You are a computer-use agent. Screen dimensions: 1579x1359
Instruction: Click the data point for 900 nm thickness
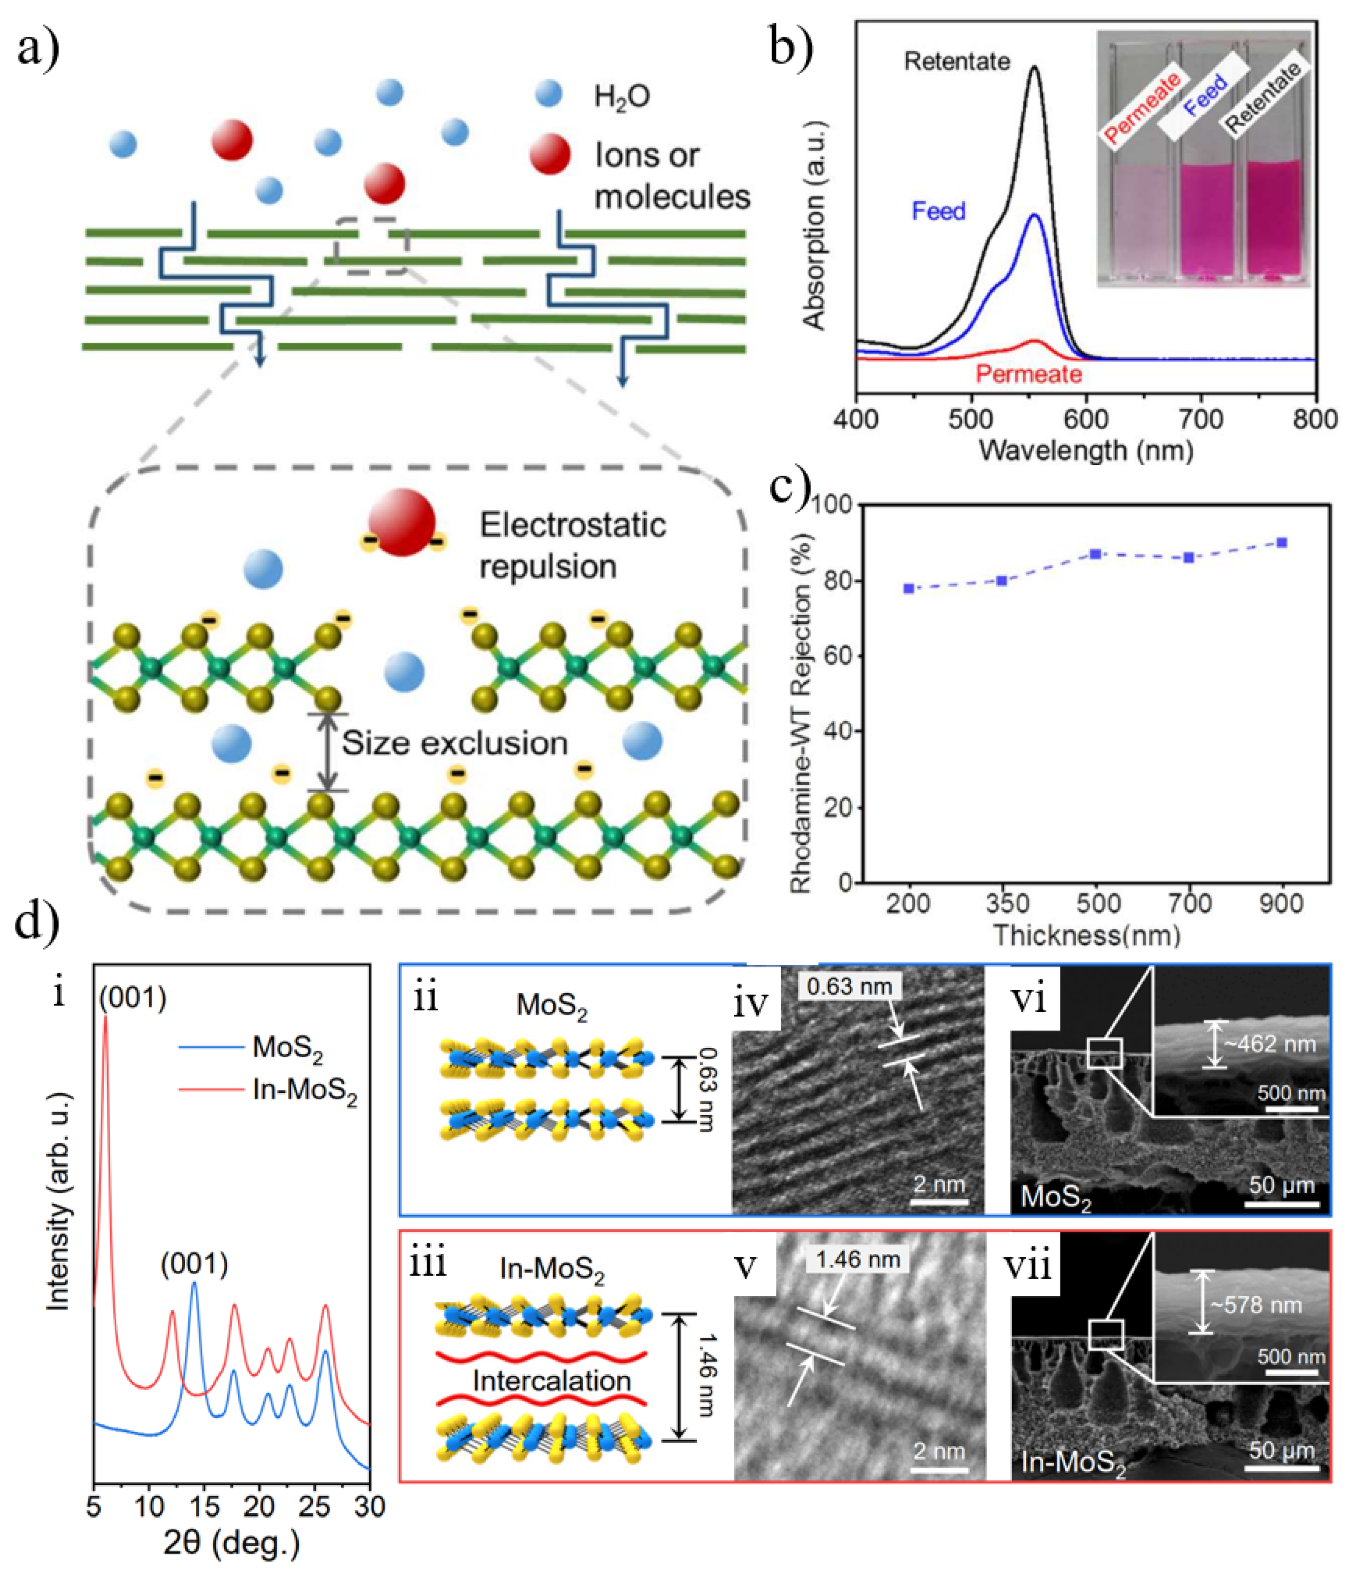1282,542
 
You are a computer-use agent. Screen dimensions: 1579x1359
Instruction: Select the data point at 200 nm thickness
909,588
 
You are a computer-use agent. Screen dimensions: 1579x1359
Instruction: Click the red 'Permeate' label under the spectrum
1028,374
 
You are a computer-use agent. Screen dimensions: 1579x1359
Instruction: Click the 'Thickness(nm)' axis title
1086,935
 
